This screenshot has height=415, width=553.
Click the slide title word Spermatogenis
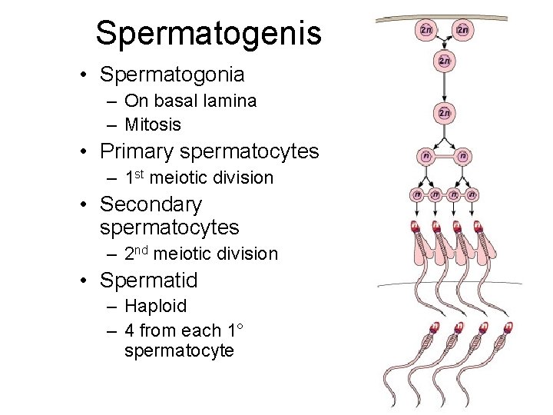pyautogui.click(x=208, y=34)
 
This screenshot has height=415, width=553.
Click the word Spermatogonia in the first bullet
pyautogui.click(x=172, y=75)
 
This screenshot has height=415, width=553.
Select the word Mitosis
pyautogui.click(x=153, y=124)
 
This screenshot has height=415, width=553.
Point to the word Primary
pyautogui.click(x=138, y=151)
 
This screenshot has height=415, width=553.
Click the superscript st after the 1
pyautogui.click(x=141, y=174)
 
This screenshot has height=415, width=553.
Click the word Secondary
pyautogui.click(x=151, y=204)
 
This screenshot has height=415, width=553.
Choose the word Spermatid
pyautogui.click(x=149, y=280)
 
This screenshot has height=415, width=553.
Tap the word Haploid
pyautogui.click(x=155, y=306)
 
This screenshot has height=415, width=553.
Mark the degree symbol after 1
pyautogui.click(x=240, y=327)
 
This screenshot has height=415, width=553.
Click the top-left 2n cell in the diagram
pyautogui.click(x=426, y=30)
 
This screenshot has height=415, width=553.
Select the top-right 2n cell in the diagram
pyautogui.click(x=462, y=30)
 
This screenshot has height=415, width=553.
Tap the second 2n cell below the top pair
pyautogui.click(x=444, y=61)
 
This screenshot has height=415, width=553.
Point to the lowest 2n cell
pyautogui.click(x=444, y=113)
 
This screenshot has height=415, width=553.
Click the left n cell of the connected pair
pyautogui.click(x=424, y=156)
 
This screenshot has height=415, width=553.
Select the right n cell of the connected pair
pyautogui.click(x=463, y=156)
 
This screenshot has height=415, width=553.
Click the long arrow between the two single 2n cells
pyautogui.click(x=444, y=86)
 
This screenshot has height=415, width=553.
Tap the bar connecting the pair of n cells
pyautogui.click(x=444, y=156)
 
